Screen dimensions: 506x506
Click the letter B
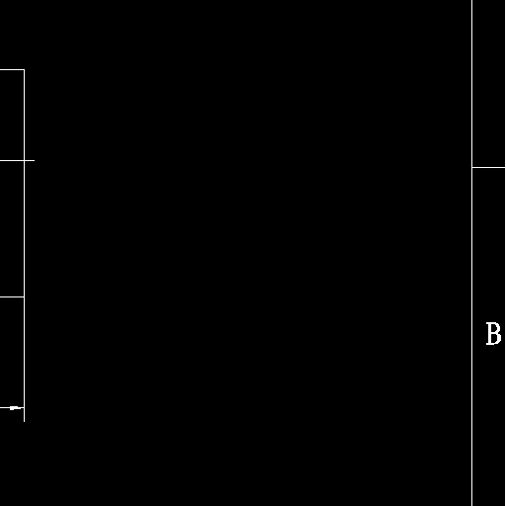[x=493, y=334]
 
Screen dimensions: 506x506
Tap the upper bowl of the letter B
[x=497, y=328]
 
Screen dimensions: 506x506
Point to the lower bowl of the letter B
[x=497, y=339]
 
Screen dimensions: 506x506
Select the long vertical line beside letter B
[x=471, y=253]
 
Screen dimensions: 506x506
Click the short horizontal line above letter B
[x=489, y=167]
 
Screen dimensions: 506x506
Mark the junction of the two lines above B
[x=471, y=167]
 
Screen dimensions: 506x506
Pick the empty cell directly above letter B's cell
[x=489, y=84]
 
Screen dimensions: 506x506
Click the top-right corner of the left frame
[x=24, y=69]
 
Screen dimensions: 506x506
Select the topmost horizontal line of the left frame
[x=12, y=69]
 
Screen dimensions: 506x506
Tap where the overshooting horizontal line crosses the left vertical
[x=24, y=160]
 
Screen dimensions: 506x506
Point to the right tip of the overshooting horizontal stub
[x=35, y=160]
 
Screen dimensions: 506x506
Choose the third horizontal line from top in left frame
[x=12, y=296]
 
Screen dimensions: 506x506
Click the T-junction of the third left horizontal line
[x=24, y=296]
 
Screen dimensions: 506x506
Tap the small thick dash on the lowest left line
[x=15, y=408]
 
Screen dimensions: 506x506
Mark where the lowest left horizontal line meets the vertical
[x=24, y=408]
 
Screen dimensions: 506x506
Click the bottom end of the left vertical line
[x=24, y=421]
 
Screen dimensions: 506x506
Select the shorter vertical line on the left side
[x=24, y=245]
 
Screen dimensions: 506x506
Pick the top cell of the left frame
[x=12, y=115]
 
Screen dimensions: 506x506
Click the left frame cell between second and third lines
[x=12, y=228]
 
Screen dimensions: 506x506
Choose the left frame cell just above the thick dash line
[x=12, y=352]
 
